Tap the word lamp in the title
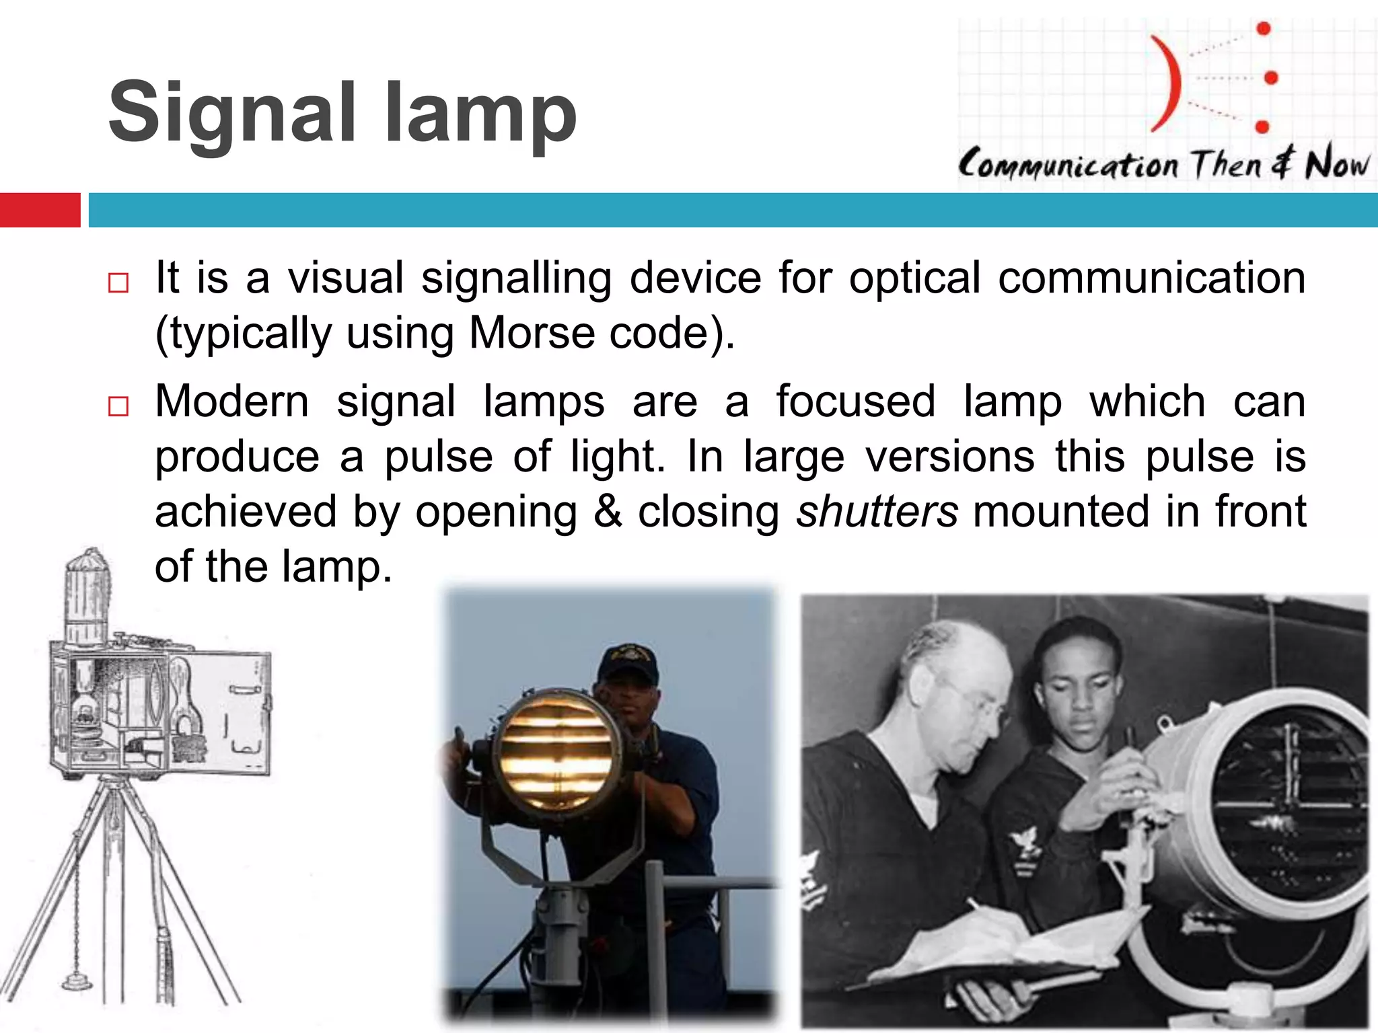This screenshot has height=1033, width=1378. click(480, 114)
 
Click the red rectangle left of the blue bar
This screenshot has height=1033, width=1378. click(40, 210)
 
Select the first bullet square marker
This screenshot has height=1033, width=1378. click(118, 283)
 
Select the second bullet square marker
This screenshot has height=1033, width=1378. click(118, 406)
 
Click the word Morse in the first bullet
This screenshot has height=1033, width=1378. click(532, 333)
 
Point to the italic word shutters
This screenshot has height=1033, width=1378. click(877, 512)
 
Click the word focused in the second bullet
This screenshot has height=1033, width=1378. click(855, 401)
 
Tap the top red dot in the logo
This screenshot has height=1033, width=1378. click(1263, 28)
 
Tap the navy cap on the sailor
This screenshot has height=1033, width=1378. click(627, 662)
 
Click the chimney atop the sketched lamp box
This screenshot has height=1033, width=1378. click(86, 595)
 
